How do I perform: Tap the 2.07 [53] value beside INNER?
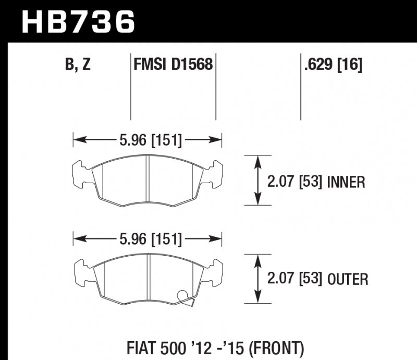pyautogui.click(x=295, y=182)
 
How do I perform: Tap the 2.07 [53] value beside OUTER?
pyautogui.click(x=295, y=280)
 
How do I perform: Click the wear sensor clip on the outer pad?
pyautogui.click(x=185, y=297)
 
